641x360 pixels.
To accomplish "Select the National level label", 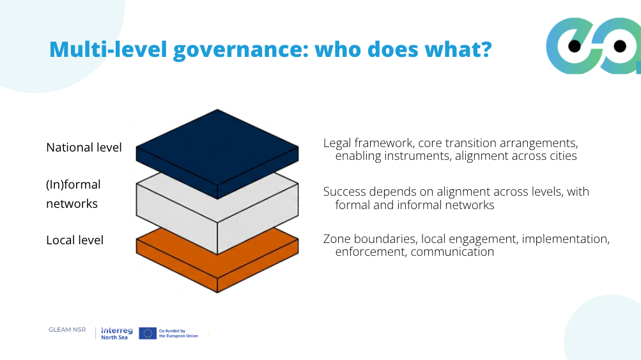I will tap(84, 148).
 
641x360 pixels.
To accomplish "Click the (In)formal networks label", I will tap(73, 194).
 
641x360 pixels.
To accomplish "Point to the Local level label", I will tap(75, 240).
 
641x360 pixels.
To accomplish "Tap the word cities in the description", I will tap(562, 156).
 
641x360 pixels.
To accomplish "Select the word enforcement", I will tap(369, 252).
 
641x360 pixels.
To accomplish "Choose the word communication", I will tap(452, 252).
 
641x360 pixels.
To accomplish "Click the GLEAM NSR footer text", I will tap(67, 330).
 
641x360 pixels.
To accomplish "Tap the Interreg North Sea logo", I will tap(116, 333).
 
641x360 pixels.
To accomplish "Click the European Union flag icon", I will tap(148, 333).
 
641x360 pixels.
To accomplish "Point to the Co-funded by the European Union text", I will tap(178, 333).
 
